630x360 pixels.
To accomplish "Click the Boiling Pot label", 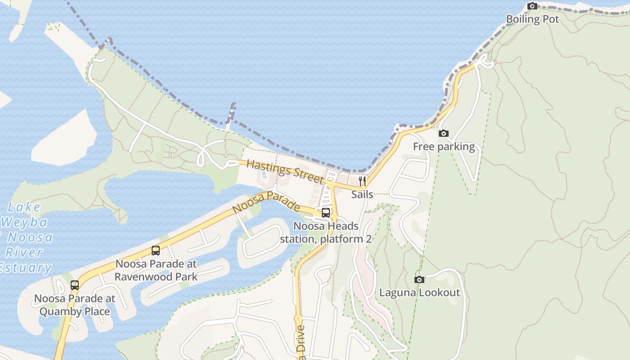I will click(532, 19).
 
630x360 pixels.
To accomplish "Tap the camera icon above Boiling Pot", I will click(532, 6).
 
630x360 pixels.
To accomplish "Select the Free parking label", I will click(444, 147).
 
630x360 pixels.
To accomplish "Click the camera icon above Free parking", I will click(444, 134).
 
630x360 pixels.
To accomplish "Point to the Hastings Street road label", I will click(285, 171).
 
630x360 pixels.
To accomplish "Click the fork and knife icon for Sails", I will click(362, 181).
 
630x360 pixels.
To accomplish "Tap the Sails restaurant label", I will click(362, 194).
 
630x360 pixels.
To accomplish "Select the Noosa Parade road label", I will click(266, 202).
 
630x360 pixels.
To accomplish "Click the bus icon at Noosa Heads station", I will click(326, 213).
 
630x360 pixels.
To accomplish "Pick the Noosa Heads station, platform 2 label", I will click(326, 232).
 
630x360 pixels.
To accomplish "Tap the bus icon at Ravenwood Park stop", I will click(156, 251).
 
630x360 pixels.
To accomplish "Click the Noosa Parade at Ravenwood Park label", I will click(156, 270).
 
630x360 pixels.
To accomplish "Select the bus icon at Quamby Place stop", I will click(75, 285).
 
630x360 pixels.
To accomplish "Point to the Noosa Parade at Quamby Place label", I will click(75, 305).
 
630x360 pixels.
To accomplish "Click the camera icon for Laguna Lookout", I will click(419, 280).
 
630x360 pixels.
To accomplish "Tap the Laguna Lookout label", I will click(419, 293).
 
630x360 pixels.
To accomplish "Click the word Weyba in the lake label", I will click(24, 222).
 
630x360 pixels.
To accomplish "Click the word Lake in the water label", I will click(24, 207).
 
